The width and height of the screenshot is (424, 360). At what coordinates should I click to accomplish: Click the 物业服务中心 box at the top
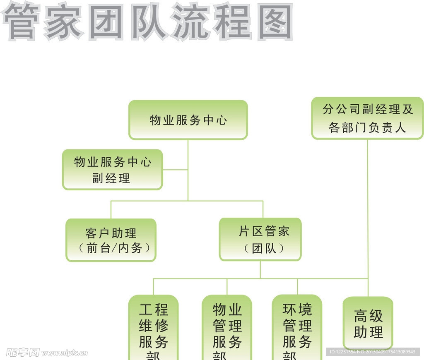[188, 120]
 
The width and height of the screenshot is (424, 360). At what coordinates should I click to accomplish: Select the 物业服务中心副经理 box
[112, 170]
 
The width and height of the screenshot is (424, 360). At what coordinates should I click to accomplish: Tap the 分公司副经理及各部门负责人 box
[367, 118]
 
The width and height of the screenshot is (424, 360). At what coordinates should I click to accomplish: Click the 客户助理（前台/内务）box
[111, 240]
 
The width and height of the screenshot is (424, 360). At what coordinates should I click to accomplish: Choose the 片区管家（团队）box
[260, 240]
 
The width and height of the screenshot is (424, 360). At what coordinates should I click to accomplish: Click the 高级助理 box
[368, 323]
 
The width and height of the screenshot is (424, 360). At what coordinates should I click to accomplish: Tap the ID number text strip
[372, 352]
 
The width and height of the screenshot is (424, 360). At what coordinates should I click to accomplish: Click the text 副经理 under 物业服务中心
[111, 178]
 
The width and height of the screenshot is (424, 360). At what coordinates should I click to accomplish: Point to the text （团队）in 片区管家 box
[264, 248]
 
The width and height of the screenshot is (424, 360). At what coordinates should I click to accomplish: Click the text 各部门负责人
[367, 127]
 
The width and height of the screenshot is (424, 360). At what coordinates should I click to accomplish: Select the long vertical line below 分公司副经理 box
[368, 207]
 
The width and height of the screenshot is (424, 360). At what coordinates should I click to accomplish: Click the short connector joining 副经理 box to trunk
[175, 170]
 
